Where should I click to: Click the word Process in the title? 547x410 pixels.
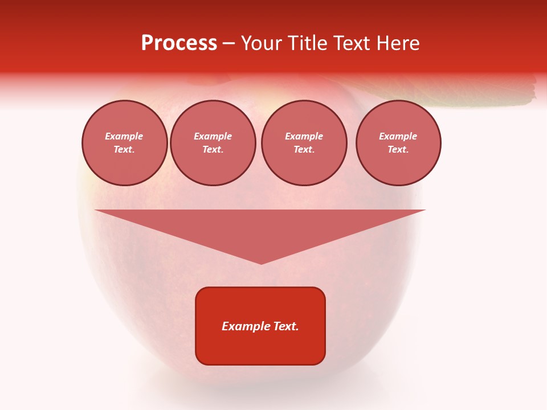179,43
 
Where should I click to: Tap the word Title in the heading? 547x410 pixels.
307,43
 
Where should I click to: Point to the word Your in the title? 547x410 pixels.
262,43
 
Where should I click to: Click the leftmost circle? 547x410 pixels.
125,143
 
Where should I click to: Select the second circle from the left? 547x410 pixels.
213,143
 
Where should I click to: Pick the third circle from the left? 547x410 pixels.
304,143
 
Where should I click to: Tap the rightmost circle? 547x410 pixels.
398,143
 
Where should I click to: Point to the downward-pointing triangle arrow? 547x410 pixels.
260,228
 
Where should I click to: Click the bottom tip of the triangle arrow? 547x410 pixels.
261,263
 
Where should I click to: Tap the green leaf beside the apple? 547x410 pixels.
490,95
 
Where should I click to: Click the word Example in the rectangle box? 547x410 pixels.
244,326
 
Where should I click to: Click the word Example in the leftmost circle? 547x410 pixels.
124,137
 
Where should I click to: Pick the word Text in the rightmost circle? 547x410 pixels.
398,150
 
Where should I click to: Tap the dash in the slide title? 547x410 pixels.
228,43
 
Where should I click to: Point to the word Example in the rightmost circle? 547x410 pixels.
398,137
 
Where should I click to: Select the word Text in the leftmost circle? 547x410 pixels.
124,150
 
